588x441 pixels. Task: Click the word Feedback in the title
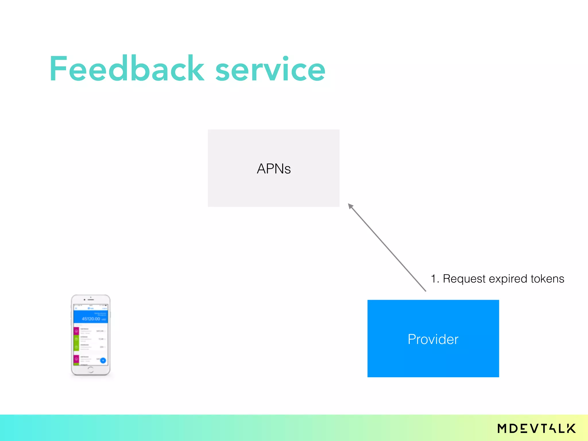(x=126, y=69)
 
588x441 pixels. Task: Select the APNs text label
(x=274, y=169)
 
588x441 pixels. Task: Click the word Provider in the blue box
(x=433, y=339)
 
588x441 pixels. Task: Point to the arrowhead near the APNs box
(x=350, y=206)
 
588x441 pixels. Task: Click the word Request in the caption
(x=464, y=279)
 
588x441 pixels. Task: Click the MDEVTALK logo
(x=536, y=428)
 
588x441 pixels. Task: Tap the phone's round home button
(x=90, y=370)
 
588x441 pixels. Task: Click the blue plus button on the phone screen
(x=103, y=360)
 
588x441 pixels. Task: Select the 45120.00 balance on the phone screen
(x=91, y=319)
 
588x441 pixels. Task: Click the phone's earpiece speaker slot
(x=91, y=300)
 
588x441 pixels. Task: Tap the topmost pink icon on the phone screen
(x=76, y=331)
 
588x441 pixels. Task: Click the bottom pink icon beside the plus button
(x=76, y=359)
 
